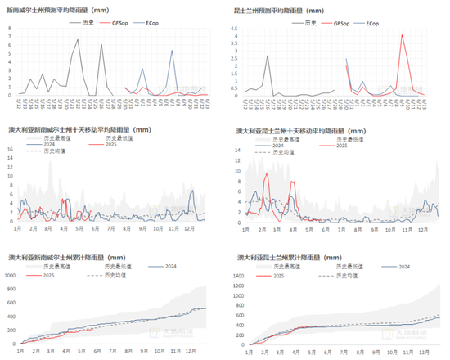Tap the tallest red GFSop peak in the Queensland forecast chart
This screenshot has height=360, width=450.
(x=402, y=34)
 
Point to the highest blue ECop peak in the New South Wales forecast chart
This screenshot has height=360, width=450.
(x=172, y=51)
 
